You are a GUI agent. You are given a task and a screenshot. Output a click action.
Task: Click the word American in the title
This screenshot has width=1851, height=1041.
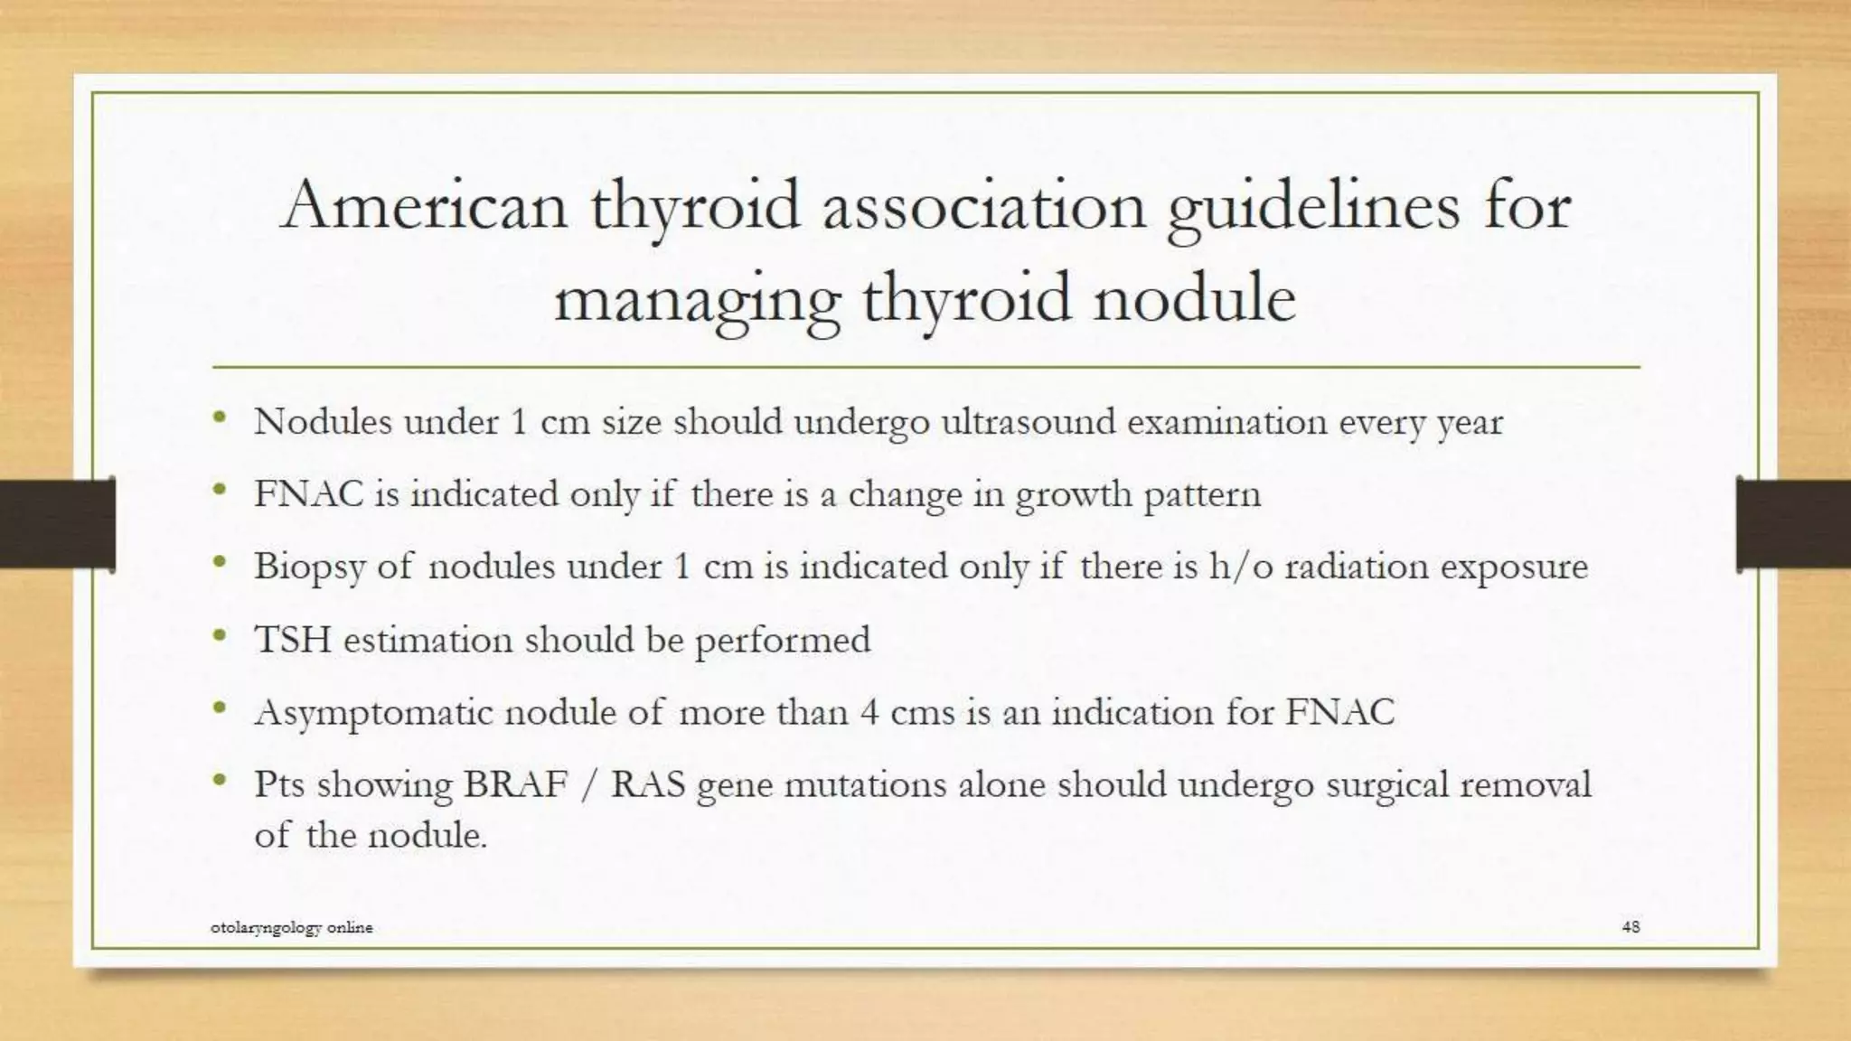pyautogui.click(x=425, y=205)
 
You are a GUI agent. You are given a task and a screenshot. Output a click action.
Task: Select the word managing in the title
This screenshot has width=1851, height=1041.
pyautogui.click(x=697, y=301)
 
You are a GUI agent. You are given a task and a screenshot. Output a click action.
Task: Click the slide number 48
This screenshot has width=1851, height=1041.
pyautogui.click(x=1630, y=926)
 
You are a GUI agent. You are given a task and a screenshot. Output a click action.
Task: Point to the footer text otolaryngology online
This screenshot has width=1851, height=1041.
pyautogui.click(x=291, y=927)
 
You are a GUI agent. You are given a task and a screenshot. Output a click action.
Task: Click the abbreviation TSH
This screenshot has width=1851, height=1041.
pyautogui.click(x=292, y=640)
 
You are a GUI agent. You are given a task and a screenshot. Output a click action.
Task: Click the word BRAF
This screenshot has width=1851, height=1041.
pyautogui.click(x=515, y=784)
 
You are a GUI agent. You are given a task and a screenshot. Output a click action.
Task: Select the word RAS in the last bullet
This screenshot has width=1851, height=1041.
pyautogui.click(x=648, y=784)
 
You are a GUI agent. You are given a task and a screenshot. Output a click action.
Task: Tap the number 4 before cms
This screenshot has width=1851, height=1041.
pyautogui.click(x=869, y=713)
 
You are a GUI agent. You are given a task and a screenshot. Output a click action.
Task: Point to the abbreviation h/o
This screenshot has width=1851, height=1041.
pyautogui.click(x=1241, y=567)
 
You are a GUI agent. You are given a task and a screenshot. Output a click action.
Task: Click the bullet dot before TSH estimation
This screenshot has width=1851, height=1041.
pyautogui.click(x=220, y=636)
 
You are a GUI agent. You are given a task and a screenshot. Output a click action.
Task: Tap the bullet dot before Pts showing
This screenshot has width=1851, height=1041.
pyautogui.click(x=220, y=780)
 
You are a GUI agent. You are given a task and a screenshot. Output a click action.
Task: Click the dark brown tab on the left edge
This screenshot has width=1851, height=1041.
pyautogui.click(x=56, y=524)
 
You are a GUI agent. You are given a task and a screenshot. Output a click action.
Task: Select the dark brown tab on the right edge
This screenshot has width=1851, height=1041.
pyautogui.click(x=1794, y=524)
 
